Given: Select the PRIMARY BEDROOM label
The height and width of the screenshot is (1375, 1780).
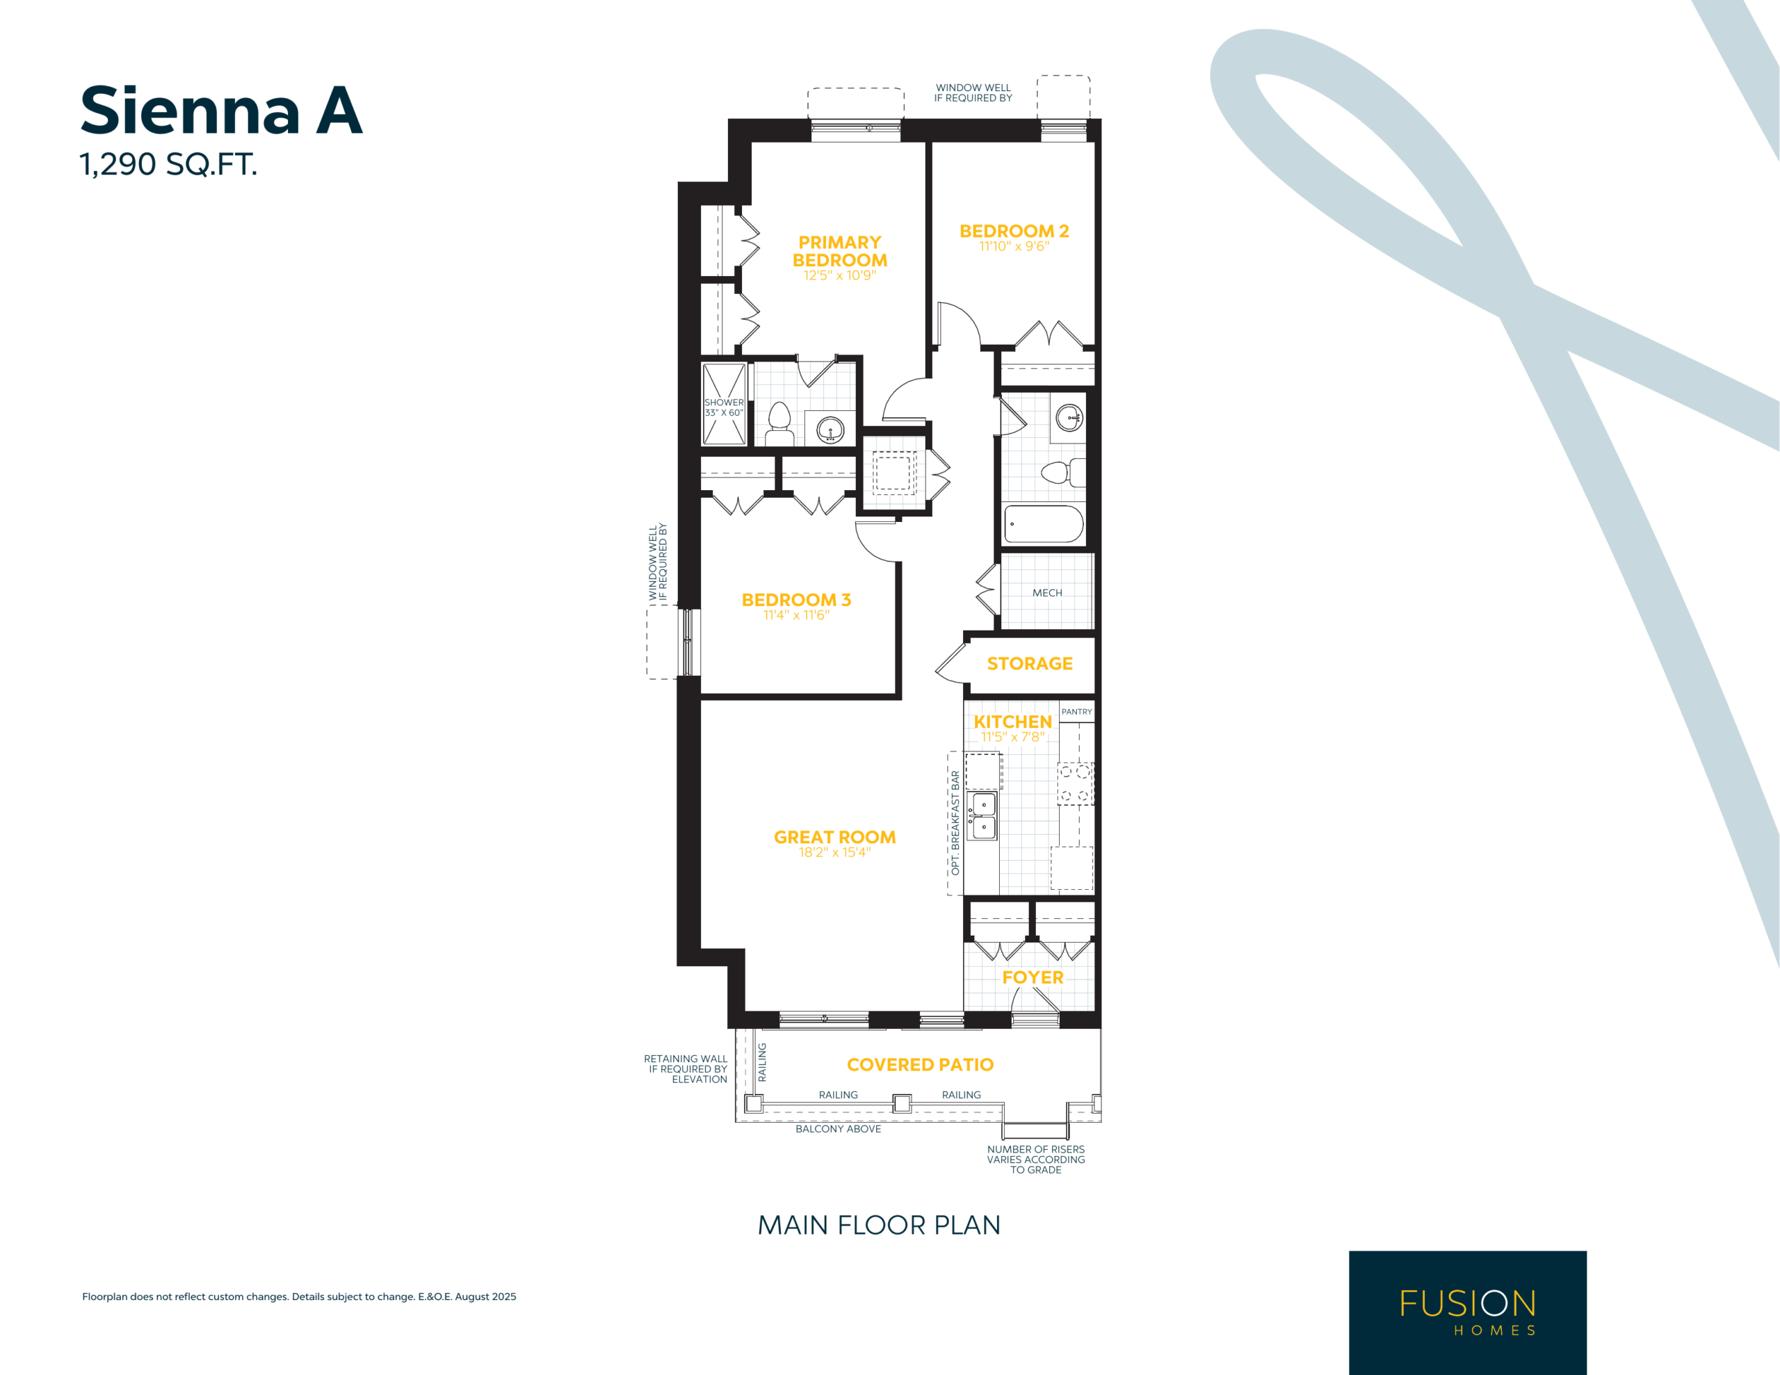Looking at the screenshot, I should click(839, 251).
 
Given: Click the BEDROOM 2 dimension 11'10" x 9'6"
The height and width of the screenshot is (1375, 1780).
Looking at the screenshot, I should click(1014, 246).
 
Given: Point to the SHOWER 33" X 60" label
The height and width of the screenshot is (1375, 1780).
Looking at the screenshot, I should click(724, 407).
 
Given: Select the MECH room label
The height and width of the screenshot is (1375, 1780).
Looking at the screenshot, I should click(1047, 592).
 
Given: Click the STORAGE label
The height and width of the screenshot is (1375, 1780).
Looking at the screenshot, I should click(1029, 663).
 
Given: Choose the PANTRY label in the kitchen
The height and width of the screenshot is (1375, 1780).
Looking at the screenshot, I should click(1076, 712).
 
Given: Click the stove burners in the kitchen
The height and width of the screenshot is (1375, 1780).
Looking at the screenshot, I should click(1075, 783).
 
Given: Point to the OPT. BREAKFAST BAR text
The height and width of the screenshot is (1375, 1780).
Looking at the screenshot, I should click(955, 823).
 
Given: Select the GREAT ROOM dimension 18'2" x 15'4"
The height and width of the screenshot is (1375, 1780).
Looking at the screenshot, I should click(834, 852).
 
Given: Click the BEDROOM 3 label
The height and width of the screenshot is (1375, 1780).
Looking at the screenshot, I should click(795, 600).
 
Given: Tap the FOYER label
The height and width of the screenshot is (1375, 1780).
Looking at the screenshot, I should click(1033, 977).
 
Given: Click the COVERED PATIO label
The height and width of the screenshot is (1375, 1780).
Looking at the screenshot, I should click(920, 1064).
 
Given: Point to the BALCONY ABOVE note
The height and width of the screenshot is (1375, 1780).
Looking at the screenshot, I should click(838, 1129).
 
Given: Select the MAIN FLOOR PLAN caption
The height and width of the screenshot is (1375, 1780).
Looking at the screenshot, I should click(879, 1225).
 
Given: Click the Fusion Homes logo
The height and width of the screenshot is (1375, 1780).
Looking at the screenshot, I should click(1467, 1312).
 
